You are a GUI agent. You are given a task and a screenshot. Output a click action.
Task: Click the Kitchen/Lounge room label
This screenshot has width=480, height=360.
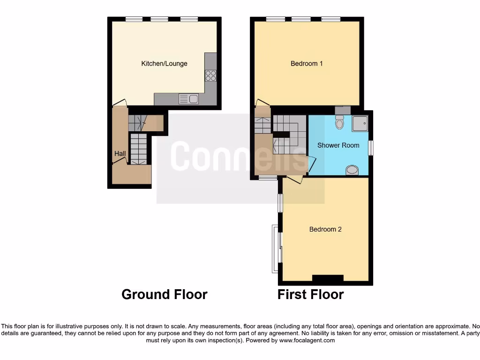(164, 63)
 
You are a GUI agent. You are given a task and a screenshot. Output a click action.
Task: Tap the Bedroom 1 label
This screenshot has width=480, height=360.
(307, 63)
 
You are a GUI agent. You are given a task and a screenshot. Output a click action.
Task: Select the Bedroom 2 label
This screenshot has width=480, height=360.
(325, 229)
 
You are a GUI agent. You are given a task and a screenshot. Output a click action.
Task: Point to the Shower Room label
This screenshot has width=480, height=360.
(338, 145)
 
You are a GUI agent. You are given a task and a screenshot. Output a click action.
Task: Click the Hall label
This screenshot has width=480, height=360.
(120, 153)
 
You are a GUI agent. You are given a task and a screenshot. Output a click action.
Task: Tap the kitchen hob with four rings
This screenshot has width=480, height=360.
(210, 75)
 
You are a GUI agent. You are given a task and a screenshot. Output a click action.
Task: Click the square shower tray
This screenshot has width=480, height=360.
(360, 123)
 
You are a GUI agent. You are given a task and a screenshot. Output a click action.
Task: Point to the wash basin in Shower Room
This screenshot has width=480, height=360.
(352, 169)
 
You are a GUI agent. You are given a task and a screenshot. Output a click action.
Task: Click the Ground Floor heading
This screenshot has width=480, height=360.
(164, 294)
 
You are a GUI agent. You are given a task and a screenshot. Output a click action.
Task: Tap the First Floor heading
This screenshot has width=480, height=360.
(310, 294)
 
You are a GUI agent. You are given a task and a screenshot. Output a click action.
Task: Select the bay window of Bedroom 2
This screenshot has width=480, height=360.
(275, 248)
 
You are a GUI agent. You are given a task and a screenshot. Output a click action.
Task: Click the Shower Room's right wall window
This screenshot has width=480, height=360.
(371, 148)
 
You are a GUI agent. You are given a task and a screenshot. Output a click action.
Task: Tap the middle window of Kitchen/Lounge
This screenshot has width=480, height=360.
(159, 19)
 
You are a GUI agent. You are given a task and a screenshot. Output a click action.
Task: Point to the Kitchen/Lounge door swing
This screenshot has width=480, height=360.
(120, 102)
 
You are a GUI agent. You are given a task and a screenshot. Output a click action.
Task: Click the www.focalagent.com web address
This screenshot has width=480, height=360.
(307, 340)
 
